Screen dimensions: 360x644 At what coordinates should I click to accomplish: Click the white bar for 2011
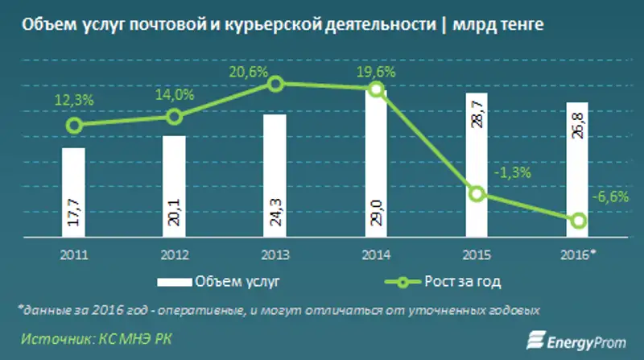coord(73,193)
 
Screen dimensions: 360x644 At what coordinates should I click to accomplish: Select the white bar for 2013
coord(275,176)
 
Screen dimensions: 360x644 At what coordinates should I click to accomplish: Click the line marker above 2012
coord(175,117)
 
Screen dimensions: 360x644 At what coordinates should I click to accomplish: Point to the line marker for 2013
coord(275,84)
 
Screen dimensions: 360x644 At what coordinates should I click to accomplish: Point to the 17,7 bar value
coord(74,218)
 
